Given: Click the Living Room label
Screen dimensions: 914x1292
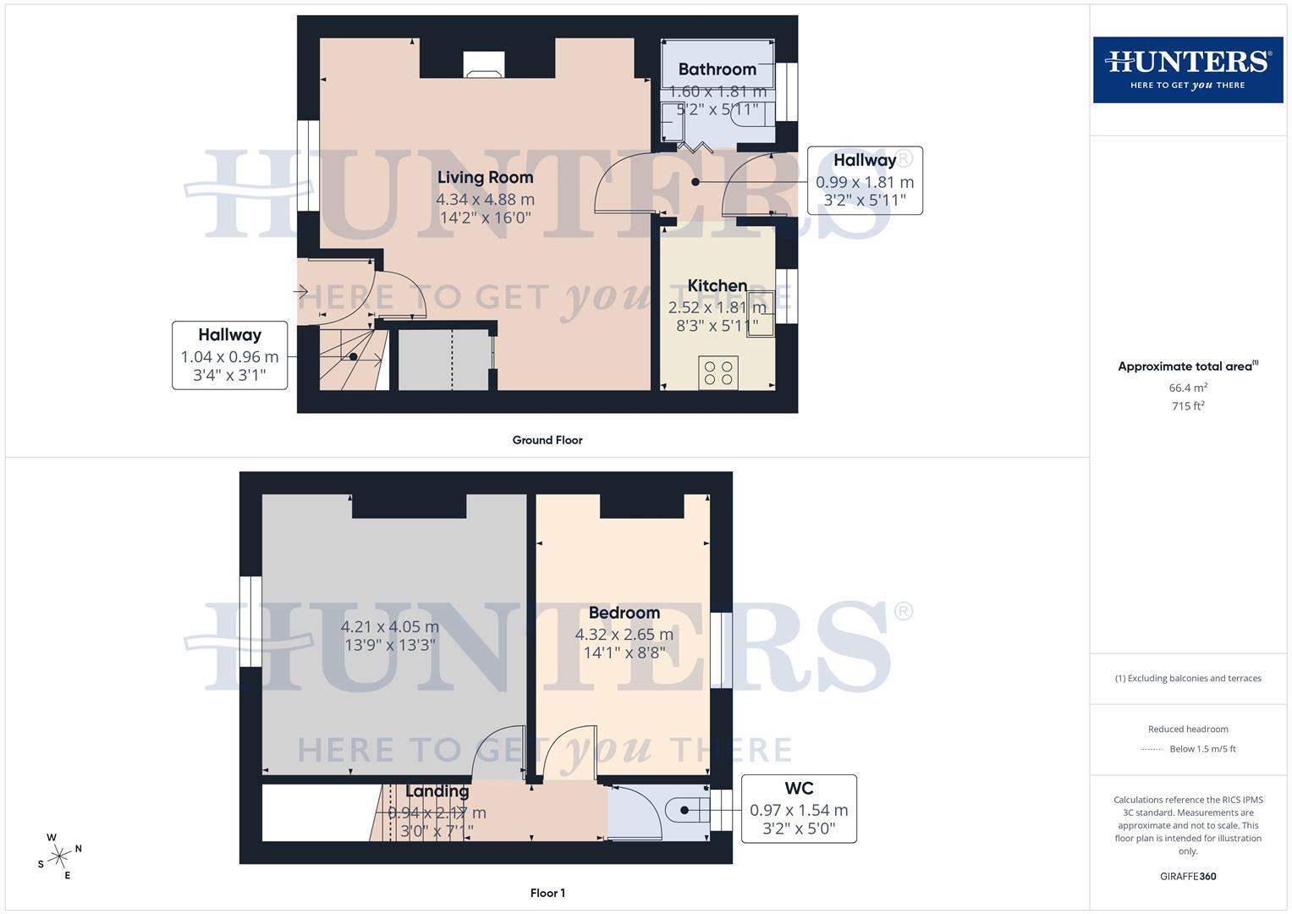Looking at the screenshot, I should click(485, 178).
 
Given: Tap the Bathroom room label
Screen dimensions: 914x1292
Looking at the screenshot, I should click(717, 69).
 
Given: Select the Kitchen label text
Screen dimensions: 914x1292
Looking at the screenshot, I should click(717, 286).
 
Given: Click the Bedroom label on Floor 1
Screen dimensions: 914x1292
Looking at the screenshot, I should click(624, 613).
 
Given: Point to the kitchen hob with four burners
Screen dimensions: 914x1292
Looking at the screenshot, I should click(718, 373).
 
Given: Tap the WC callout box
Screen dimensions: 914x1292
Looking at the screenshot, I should click(799, 808).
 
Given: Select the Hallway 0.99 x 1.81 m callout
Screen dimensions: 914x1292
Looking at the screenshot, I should click(865, 180).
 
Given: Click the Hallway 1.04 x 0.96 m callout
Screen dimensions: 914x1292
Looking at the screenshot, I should click(229, 355).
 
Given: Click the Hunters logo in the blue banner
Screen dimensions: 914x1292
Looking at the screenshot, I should click(1188, 69).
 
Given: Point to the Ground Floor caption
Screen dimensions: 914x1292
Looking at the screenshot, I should click(547, 440).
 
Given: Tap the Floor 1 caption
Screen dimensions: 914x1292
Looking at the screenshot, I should click(547, 893).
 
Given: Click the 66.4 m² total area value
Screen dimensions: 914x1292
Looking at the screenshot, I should click(1188, 388).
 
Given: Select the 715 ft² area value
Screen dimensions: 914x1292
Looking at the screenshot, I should click(1188, 406).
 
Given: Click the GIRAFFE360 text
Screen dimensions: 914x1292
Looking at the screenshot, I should click(1188, 877).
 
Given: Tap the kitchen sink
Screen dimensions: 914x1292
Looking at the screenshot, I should click(760, 314).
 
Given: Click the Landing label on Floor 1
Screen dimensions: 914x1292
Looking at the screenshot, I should click(437, 791).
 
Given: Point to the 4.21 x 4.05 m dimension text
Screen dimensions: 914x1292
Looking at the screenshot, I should click(390, 627).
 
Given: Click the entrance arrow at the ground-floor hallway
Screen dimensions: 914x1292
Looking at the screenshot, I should click(300, 292).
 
